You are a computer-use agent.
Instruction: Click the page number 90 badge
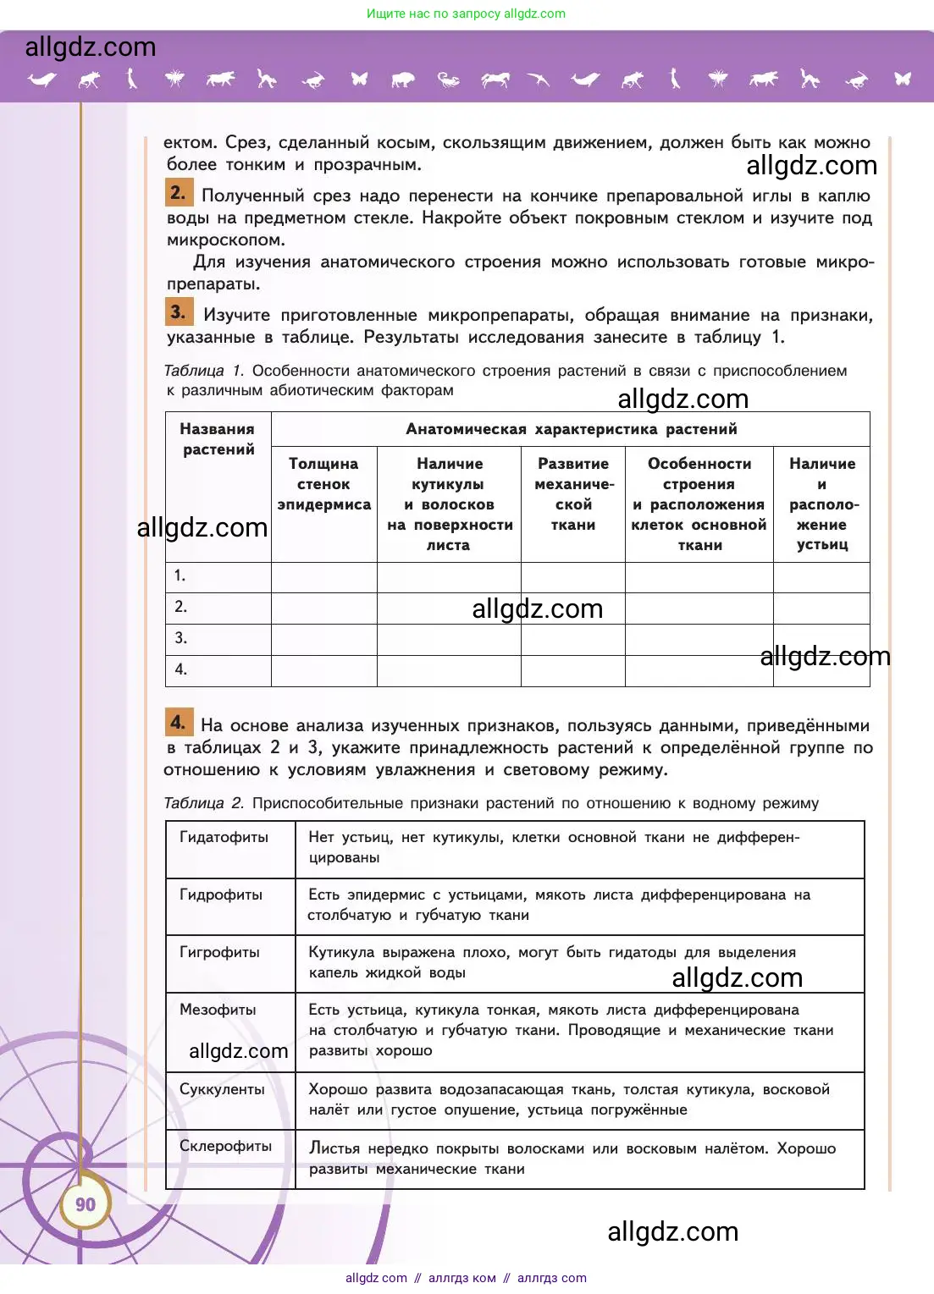tap(86, 1204)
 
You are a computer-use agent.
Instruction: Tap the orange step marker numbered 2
tap(178, 192)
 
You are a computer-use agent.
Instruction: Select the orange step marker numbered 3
tap(178, 311)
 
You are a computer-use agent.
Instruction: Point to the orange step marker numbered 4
tap(178, 722)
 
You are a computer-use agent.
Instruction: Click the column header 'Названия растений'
tap(218, 439)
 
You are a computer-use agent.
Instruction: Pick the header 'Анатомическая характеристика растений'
tap(571, 429)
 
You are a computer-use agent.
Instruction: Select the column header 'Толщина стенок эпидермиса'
tap(323, 484)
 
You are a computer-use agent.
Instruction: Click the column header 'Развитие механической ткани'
tap(573, 494)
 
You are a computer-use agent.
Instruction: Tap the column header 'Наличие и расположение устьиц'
tap(821, 504)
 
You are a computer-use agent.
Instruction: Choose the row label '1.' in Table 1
tap(180, 575)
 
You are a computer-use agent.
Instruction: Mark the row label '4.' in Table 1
tap(180, 669)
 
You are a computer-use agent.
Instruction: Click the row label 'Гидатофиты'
tap(224, 837)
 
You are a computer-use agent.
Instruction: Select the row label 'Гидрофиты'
tap(221, 895)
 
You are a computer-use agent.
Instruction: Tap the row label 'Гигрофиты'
tap(219, 952)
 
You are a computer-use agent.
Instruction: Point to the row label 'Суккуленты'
tap(222, 1089)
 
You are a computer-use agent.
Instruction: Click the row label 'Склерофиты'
tap(225, 1146)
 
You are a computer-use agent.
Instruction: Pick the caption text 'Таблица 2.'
tap(203, 803)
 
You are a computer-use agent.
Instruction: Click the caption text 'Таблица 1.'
tap(203, 371)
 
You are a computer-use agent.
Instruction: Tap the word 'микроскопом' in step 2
tap(225, 240)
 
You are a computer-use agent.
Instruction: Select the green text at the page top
tap(466, 14)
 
